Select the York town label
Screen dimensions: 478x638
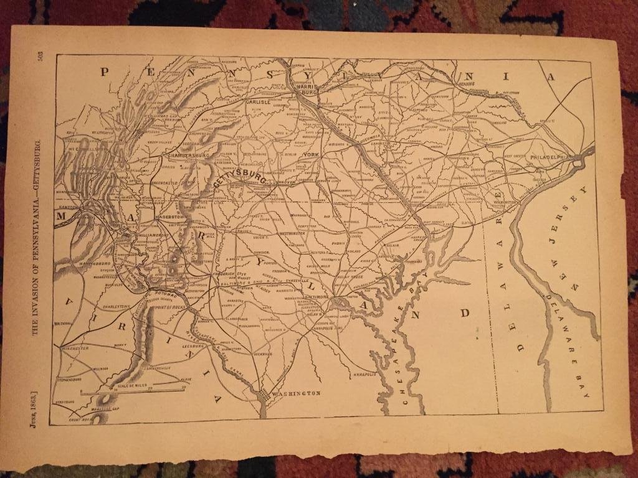[310, 154]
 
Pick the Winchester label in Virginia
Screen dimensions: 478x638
[75, 349]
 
